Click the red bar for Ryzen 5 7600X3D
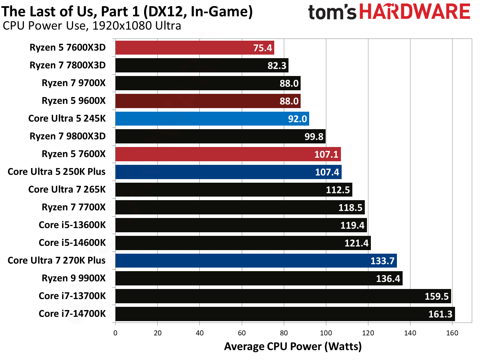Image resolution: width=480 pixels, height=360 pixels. pyautogui.click(x=194, y=47)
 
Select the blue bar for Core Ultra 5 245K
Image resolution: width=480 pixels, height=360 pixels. pyautogui.click(x=212, y=118)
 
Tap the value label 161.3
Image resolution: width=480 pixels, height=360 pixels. pyautogui.click(x=440, y=314)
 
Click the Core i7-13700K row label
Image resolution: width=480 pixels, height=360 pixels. pyautogui.click(x=72, y=296)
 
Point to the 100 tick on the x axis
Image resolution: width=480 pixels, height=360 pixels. pyautogui.click(x=326, y=333)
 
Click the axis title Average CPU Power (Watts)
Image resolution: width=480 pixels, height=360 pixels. pyautogui.click(x=293, y=346)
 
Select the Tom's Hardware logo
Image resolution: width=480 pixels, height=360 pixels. pyautogui.click(x=389, y=12)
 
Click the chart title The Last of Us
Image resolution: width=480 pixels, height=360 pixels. pyautogui.click(x=127, y=11)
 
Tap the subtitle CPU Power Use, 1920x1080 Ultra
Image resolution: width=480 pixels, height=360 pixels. pyautogui.click(x=92, y=26)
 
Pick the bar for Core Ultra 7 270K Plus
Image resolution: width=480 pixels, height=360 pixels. pyautogui.click(x=256, y=260)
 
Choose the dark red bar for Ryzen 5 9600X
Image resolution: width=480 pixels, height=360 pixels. pyautogui.click(x=208, y=101)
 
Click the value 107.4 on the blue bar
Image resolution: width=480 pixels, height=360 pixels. pyautogui.click(x=327, y=172)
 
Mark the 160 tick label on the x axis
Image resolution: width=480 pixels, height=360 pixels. pyautogui.click(x=452, y=333)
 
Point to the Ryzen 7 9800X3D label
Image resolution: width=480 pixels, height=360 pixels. pyautogui.click(x=67, y=136)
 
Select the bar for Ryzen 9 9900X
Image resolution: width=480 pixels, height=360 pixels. pyautogui.click(x=259, y=278)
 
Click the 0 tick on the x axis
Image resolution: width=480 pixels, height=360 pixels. pyautogui.click(x=115, y=333)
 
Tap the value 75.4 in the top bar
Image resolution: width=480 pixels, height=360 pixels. pyautogui.click(x=262, y=48)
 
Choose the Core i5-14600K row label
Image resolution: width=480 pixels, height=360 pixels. pyautogui.click(x=72, y=243)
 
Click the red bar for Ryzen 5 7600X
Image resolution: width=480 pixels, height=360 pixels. pyautogui.click(x=228, y=154)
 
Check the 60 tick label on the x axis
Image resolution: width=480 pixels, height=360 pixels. pyautogui.click(x=241, y=333)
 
